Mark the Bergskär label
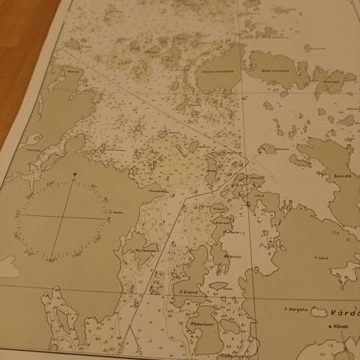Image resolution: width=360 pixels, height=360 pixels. tap(233, 256)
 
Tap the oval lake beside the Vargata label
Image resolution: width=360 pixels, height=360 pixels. tap(321, 311)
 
